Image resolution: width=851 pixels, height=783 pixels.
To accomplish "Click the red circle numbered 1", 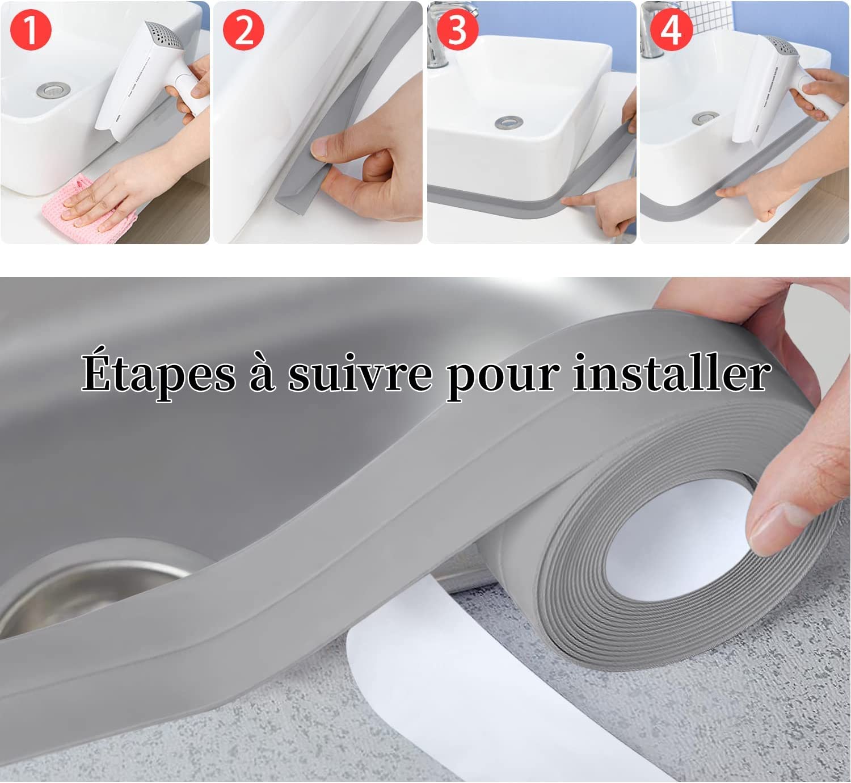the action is [31, 30].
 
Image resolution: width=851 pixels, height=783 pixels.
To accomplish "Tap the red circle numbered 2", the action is [243, 30].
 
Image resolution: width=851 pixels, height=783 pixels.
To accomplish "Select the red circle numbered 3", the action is [457, 30].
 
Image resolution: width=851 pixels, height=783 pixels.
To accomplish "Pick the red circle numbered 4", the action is [671, 30].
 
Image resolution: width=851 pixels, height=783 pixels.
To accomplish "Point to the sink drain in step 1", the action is [53, 90].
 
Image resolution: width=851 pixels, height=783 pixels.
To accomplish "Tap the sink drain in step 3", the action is [509, 123].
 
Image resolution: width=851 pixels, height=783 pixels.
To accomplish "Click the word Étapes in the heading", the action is [159, 373].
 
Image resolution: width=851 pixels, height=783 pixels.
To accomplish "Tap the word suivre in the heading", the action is [360, 373].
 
